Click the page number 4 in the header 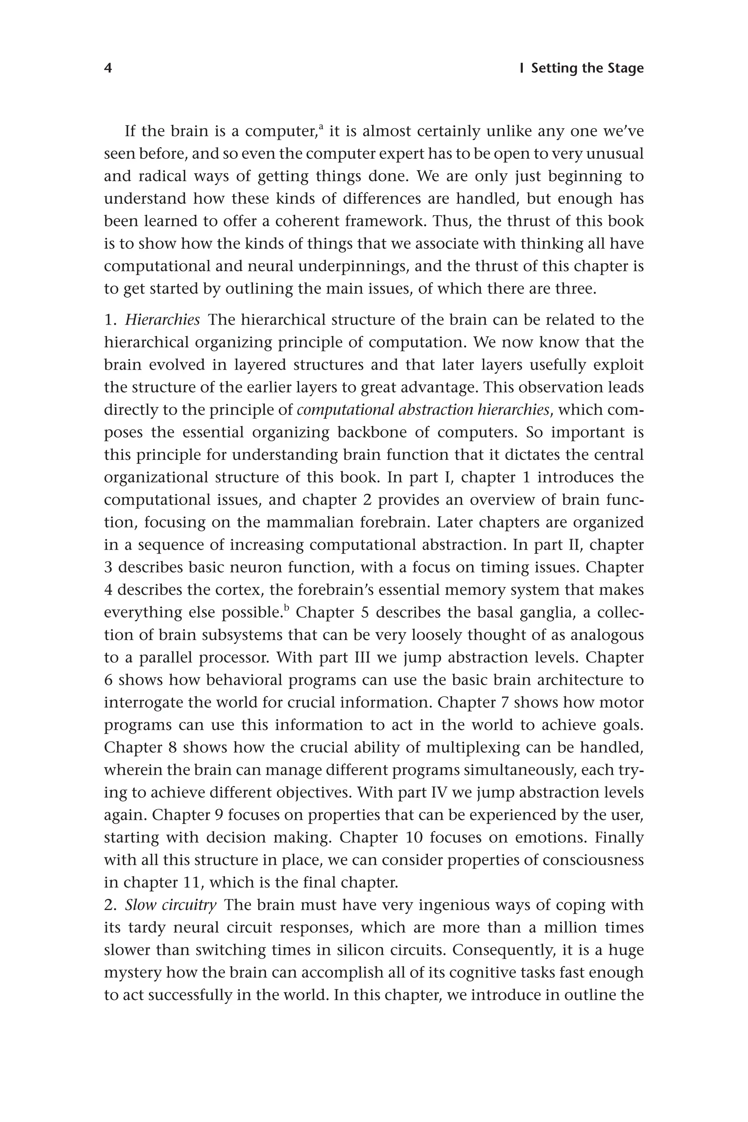click(108, 68)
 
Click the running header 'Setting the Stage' click(587, 68)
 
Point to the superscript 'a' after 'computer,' click(321, 127)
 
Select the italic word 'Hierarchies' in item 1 click(162, 320)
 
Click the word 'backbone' click(382, 432)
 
